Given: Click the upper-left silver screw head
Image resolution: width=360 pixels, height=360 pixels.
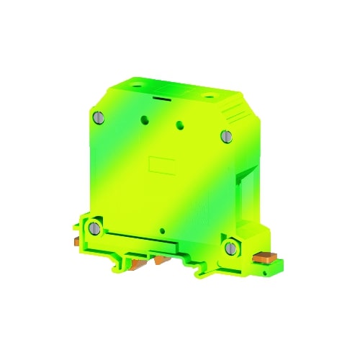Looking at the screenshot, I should (97, 117).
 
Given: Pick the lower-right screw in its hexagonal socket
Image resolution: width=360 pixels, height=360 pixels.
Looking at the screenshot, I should (230, 248).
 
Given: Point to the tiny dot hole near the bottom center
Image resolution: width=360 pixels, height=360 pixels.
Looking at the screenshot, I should (164, 232).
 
